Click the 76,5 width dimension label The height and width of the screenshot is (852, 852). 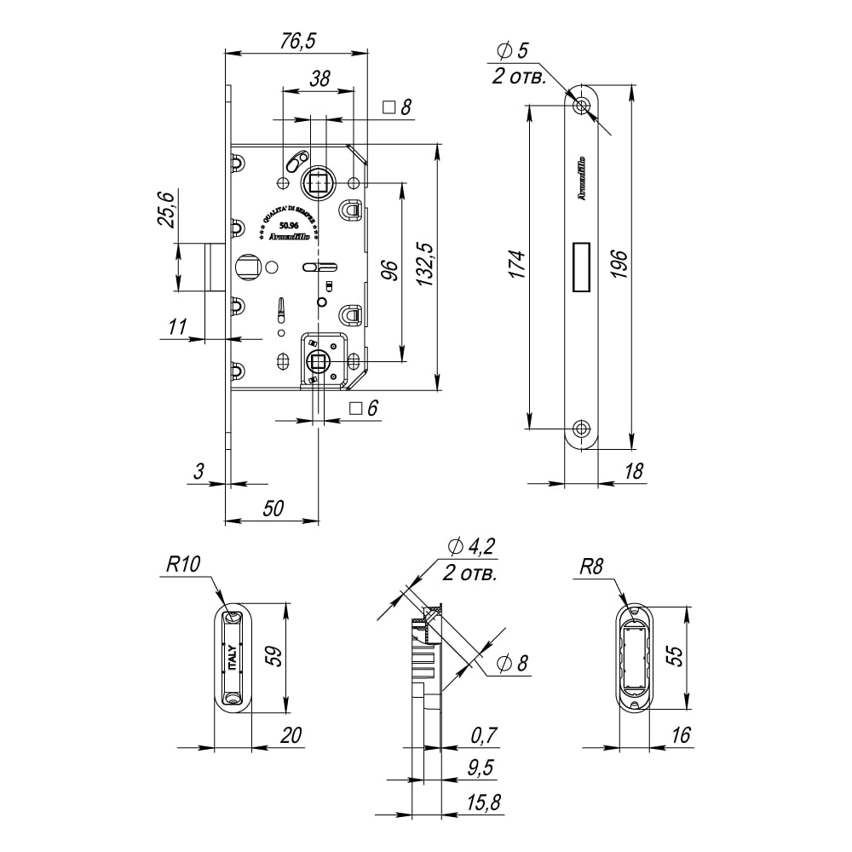click(x=296, y=41)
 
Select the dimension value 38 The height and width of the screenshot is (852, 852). click(x=319, y=78)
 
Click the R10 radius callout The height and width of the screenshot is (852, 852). click(x=182, y=564)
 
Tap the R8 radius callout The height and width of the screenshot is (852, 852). click(x=590, y=566)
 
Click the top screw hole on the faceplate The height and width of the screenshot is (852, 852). click(x=582, y=106)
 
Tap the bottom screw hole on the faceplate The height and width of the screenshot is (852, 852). click(x=582, y=428)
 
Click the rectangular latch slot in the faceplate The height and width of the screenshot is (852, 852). click(x=582, y=266)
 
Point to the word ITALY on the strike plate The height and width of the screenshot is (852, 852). click(x=232, y=659)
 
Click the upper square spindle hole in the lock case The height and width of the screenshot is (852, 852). click(x=317, y=181)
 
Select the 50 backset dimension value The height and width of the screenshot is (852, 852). click(x=272, y=508)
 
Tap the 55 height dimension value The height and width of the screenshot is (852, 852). click(x=674, y=657)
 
